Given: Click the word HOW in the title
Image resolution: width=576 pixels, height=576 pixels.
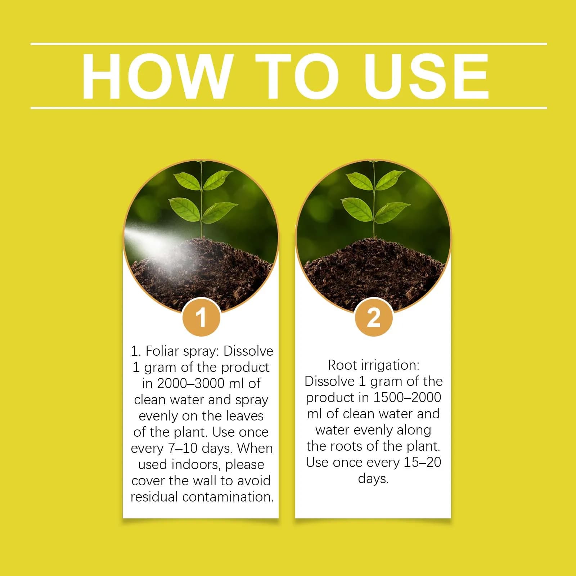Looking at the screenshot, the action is (156, 76).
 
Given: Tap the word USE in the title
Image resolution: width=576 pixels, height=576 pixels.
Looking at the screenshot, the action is (426, 76).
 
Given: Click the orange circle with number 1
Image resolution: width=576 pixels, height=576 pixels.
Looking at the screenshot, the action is (201, 317).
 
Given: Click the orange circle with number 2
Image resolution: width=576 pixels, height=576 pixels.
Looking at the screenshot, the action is (373, 317).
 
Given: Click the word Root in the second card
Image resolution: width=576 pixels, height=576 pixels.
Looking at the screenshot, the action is (342, 365).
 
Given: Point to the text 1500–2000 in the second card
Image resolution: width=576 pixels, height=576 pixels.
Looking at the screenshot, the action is (407, 397).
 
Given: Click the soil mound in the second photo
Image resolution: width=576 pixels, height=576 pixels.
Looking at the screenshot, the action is (374, 274).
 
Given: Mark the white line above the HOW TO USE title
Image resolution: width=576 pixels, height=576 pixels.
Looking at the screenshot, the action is (289, 44).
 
